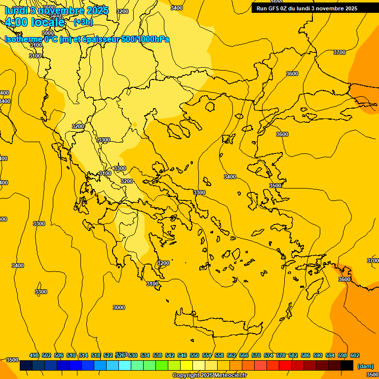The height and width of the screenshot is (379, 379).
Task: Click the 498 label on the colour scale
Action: coord(34,355)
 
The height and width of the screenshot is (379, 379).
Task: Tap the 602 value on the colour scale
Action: coord(355,355)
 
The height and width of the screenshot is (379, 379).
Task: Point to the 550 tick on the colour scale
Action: coord(194,355)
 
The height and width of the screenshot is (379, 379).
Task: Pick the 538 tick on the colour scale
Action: coord(157,355)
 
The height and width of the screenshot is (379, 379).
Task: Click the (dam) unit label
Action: coord(365,366)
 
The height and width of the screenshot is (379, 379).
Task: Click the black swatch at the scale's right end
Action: coord(347,366)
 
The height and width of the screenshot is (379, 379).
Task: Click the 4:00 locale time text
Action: coord(35,22)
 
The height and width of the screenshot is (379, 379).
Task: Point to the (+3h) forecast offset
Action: coord(83,22)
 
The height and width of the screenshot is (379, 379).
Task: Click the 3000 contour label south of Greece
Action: coord(119,307)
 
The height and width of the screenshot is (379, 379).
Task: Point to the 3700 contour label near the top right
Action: coord(340,52)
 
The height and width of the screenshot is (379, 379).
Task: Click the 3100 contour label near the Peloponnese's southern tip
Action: coord(152,284)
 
